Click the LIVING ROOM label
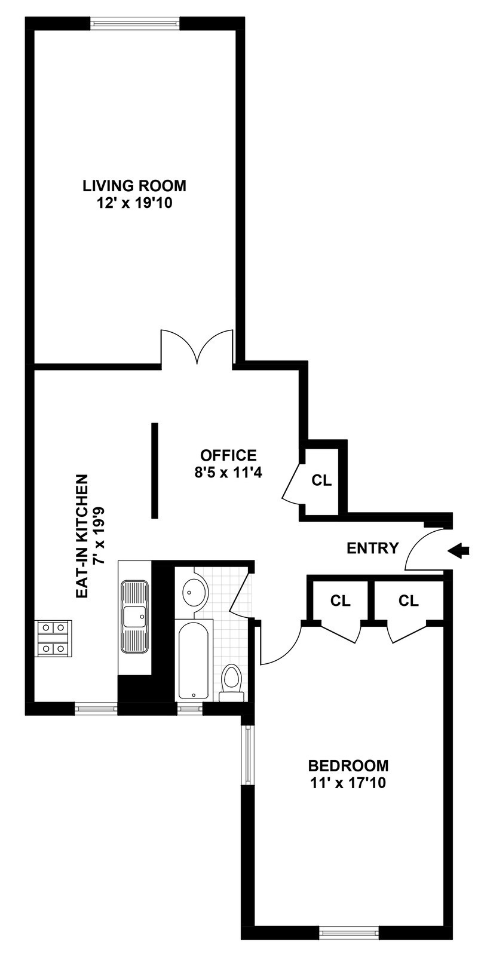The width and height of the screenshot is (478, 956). tap(134, 186)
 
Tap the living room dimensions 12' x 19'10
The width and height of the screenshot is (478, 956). tap(134, 204)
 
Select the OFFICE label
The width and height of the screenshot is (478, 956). tap(229, 455)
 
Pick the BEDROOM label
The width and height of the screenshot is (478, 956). tap(348, 765)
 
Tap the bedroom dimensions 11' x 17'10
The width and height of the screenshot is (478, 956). tap(348, 783)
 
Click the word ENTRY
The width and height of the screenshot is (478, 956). tap(373, 548)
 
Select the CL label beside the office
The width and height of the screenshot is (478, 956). tap(321, 480)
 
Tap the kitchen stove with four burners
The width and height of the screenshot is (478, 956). tap(53, 638)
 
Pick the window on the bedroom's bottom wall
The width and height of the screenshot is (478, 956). tap(349, 932)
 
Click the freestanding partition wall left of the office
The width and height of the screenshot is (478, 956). tap(155, 470)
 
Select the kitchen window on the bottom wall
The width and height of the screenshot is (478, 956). tap(96, 708)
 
